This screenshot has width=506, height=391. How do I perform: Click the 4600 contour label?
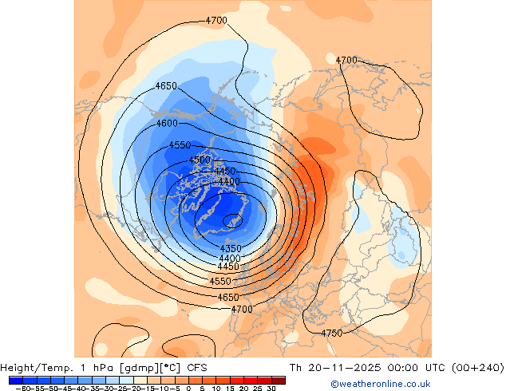click(167, 124)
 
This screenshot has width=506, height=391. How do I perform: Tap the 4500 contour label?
click(200, 160)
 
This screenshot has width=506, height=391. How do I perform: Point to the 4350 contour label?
click(231, 249)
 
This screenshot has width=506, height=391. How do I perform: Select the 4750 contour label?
click(332, 333)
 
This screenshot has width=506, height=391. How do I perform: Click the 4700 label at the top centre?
click(216, 20)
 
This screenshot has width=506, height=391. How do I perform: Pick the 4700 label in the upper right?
click(346, 60)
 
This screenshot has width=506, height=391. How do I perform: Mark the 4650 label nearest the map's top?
click(166, 86)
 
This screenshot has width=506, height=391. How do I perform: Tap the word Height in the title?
click(18, 367)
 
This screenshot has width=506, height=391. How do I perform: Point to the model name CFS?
click(198, 367)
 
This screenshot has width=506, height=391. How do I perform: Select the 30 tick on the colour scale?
click(271, 389)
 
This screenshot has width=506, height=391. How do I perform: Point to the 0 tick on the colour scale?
click(189, 389)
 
